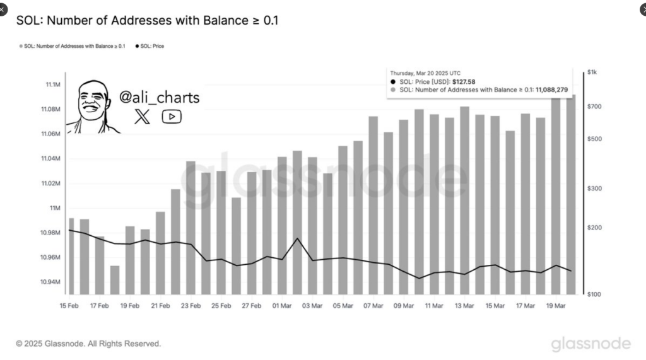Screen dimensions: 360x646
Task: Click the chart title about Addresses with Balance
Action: click(x=147, y=21)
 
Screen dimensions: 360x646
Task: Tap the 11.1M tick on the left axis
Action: click(x=52, y=84)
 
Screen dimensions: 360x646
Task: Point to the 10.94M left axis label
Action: click(x=51, y=282)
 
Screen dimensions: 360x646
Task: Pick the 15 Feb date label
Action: click(x=69, y=306)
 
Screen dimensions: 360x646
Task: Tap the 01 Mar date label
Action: click(x=282, y=306)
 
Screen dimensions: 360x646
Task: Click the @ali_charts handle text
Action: click(x=159, y=98)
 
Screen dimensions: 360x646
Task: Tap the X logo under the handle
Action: click(x=143, y=117)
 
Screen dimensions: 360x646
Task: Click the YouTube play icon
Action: click(x=172, y=117)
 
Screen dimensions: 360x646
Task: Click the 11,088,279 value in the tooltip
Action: click(x=551, y=90)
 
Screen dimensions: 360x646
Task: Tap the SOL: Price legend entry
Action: click(x=150, y=46)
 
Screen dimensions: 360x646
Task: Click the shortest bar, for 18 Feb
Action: click(x=115, y=280)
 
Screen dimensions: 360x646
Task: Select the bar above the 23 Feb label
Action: click(x=191, y=227)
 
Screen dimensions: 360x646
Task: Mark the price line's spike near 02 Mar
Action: click(x=297, y=239)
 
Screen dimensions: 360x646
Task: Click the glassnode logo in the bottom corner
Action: click(x=590, y=344)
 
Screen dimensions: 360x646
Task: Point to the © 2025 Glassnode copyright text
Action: click(x=88, y=344)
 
